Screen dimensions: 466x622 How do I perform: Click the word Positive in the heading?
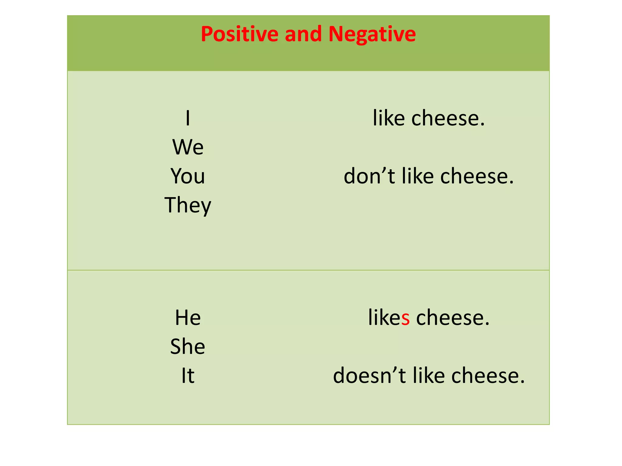tap(239, 34)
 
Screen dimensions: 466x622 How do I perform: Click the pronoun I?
tap(188, 118)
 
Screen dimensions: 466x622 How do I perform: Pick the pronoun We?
tap(188, 147)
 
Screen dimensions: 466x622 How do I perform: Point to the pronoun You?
tap(188, 176)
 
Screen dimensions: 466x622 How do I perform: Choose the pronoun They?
tap(188, 205)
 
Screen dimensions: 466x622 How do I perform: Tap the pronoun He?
tap(188, 318)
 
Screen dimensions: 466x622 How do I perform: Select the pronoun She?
tap(188, 346)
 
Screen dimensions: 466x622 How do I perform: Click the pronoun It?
tap(188, 376)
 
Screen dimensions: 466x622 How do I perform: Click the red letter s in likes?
tap(405, 318)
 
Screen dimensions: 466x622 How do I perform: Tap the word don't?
tap(369, 176)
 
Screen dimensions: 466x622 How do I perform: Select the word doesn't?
tap(369, 376)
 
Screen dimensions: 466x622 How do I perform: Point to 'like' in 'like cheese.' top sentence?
tap(388, 118)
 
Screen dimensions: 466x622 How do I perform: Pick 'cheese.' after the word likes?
tap(453, 318)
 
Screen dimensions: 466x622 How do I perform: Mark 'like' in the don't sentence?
tap(418, 176)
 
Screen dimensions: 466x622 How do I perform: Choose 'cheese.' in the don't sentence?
tap(477, 176)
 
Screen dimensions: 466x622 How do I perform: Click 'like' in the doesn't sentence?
tap(429, 376)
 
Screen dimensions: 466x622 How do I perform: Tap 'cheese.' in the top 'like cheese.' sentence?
tap(448, 118)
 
